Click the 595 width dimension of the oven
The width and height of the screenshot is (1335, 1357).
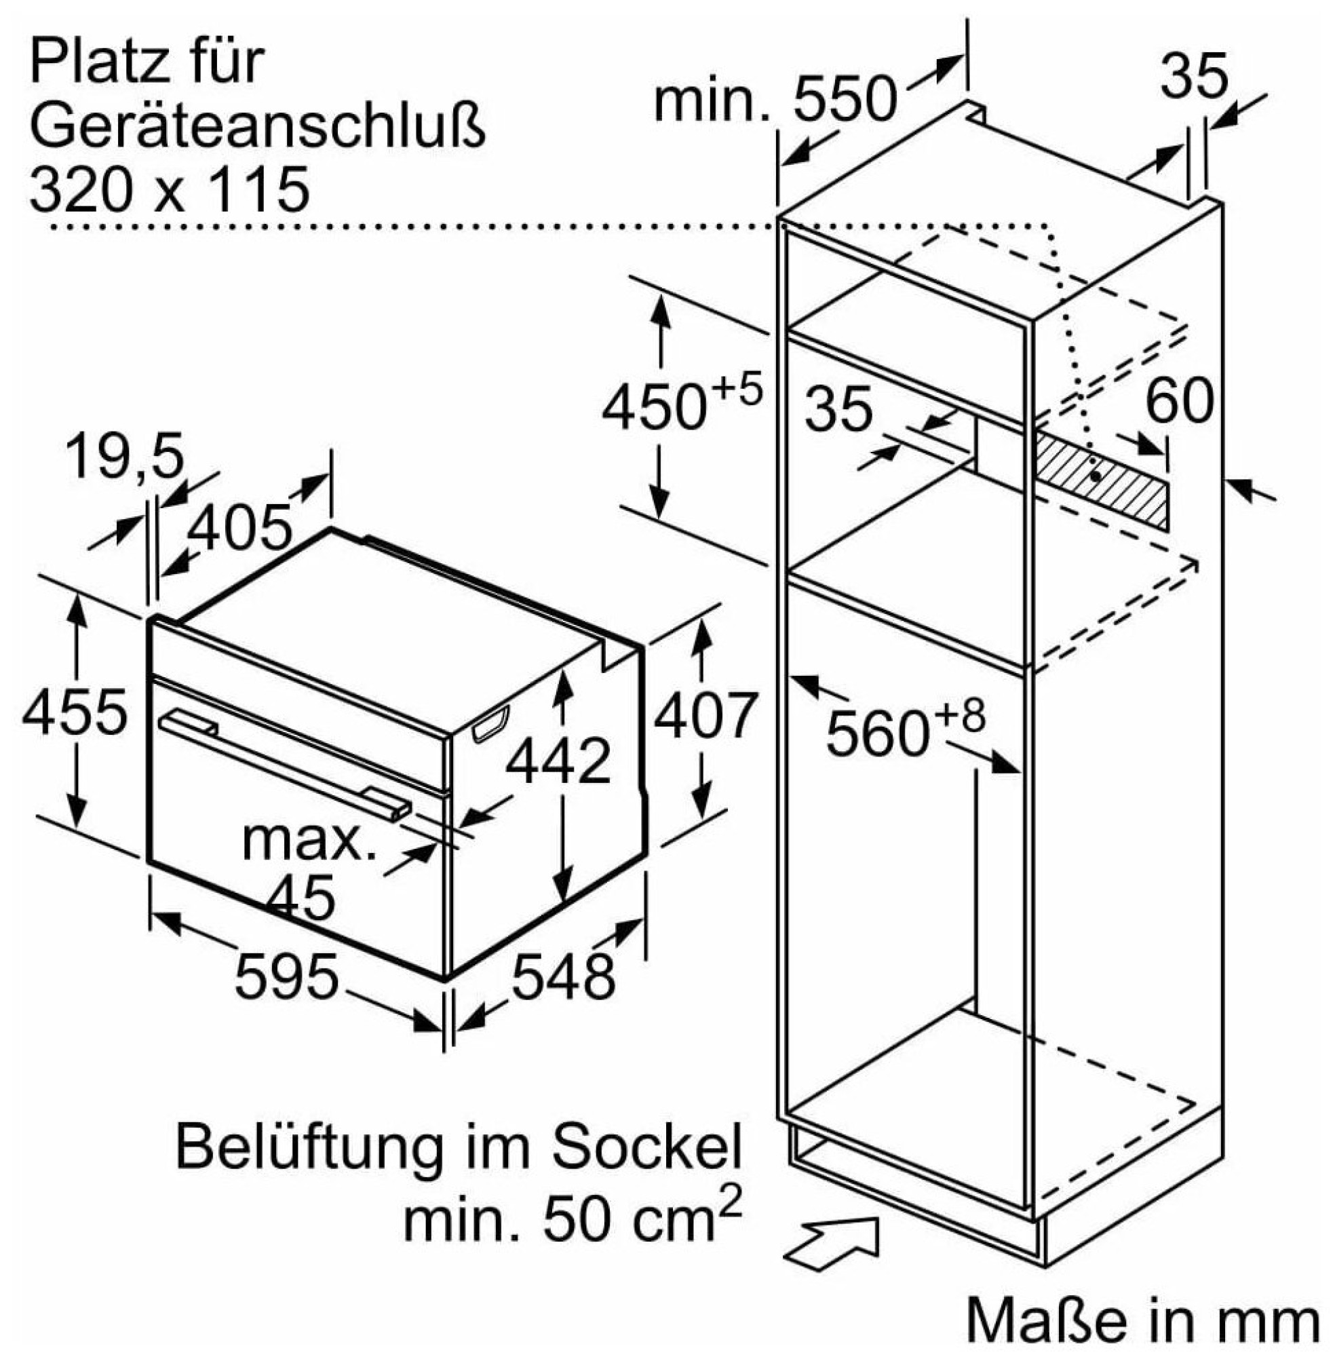[287, 976]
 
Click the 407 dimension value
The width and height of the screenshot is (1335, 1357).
[705, 715]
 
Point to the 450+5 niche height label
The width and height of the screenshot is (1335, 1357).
[681, 404]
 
